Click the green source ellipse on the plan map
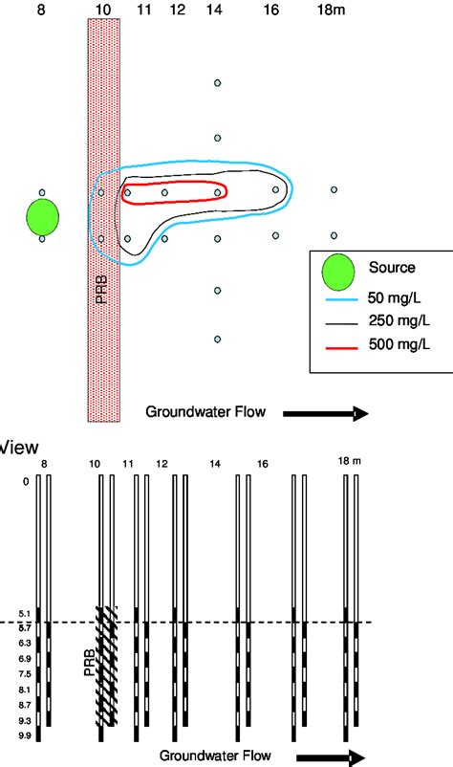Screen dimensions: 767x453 pos(43,215)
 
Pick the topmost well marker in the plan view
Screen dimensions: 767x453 pos(218,84)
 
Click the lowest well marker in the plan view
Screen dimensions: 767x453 pos(218,339)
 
